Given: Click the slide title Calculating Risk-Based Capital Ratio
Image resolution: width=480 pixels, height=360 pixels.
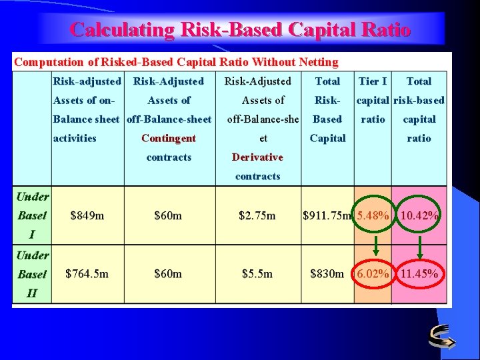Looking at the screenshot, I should pyautogui.click(x=240, y=29).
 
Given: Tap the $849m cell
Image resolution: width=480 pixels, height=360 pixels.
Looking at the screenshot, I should pyautogui.click(x=87, y=215).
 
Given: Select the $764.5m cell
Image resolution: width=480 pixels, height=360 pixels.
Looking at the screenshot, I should pyautogui.click(x=87, y=273).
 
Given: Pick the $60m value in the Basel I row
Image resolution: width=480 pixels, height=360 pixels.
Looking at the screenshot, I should pyautogui.click(x=168, y=215).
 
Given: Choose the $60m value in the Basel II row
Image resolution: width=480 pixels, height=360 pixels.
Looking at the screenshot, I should pyautogui.click(x=168, y=273).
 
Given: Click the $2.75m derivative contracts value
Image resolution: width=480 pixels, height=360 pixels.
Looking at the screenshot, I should pyautogui.click(x=257, y=215).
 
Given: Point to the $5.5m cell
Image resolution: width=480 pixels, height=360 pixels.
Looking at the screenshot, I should pyautogui.click(x=257, y=273).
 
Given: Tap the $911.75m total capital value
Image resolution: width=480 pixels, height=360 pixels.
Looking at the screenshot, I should pyautogui.click(x=327, y=215).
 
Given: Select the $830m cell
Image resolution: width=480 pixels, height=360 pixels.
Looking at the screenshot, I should pyautogui.click(x=327, y=273).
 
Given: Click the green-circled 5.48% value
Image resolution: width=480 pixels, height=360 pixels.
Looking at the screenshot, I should pyautogui.click(x=373, y=215).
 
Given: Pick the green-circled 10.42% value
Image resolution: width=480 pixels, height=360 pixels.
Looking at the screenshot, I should pyautogui.click(x=419, y=215).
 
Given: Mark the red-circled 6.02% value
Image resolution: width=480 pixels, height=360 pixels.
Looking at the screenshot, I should pyautogui.click(x=373, y=273).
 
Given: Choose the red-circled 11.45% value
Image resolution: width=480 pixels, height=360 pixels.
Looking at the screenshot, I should pyautogui.click(x=419, y=273).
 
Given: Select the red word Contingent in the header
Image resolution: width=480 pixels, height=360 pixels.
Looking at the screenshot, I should pyautogui.click(x=169, y=138).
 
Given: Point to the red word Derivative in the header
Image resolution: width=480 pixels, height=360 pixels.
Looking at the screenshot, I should pyautogui.click(x=257, y=157).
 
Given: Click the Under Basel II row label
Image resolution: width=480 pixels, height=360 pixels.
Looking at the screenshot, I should pyautogui.click(x=32, y=273).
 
